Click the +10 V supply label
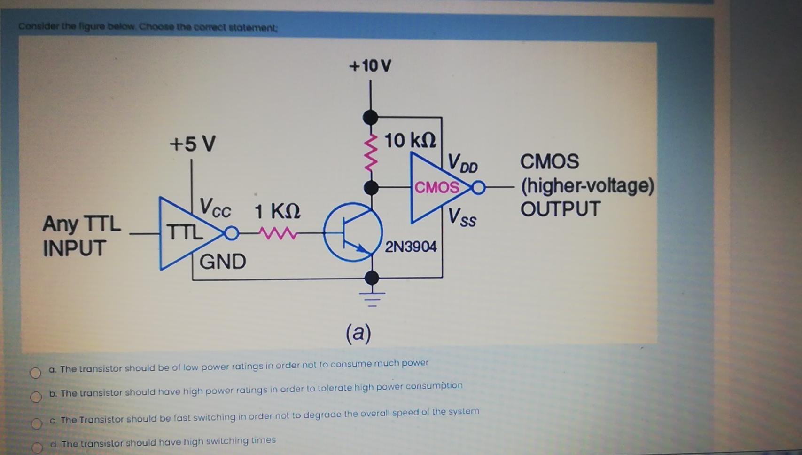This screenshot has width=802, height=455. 370,66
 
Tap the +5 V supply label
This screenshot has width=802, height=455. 192,144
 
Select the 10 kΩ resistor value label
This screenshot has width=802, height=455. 410,140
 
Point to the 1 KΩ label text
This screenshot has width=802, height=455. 277,211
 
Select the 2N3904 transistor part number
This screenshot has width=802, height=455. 411,247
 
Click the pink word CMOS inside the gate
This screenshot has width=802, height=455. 436,187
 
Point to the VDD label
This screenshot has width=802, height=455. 462,163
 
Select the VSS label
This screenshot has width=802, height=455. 462,217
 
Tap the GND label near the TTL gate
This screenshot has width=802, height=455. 222,262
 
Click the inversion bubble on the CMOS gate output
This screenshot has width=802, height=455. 478,188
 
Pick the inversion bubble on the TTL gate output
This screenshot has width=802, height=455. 232,233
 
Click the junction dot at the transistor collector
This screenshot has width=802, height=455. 371,188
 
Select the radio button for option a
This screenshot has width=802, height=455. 36,373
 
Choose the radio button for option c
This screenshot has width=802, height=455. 37,423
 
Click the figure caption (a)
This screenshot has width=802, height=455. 358,333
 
